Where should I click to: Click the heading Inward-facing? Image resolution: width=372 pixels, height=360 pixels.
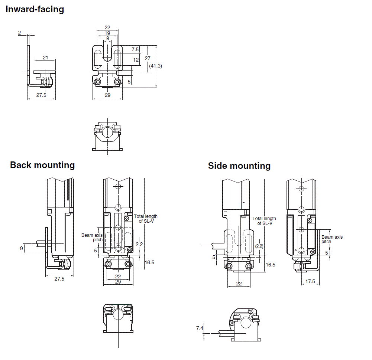(x=35, y=9)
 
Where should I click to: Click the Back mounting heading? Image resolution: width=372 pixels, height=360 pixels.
(x=42, y=165)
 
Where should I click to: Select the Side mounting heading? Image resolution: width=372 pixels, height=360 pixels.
(x=239, y=166)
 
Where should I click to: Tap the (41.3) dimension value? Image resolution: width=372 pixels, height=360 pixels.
(x=155, y=66)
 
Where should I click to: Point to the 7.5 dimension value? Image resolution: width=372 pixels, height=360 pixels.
(x=135, y=49)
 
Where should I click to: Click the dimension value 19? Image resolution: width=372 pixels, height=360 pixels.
(x=107, y=33)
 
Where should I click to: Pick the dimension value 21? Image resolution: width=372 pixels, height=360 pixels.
(x=45, y=57)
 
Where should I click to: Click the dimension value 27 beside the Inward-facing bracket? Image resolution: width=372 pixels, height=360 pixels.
(x=148, y=58)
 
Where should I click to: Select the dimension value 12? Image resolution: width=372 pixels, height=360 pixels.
(x=136, y=59)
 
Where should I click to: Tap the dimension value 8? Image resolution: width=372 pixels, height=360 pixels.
(x=107, y=38)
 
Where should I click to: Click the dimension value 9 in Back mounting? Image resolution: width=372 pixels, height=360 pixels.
(x=21, y=248)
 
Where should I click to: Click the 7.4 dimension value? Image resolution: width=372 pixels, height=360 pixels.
(x=200, y=328)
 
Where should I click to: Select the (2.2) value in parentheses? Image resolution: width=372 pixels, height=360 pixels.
(x=259, y=246)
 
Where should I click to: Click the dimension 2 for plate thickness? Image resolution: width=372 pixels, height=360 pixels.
(x=19, y=33)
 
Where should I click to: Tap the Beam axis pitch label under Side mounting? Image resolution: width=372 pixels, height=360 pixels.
(x=332, y=239)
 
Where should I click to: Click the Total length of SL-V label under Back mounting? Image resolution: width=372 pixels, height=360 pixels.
(x=146, y=219)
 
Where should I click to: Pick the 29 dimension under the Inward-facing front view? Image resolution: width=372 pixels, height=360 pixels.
(x=107, y=95)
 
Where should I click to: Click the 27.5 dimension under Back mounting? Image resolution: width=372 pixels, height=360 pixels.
(x=59, y=279)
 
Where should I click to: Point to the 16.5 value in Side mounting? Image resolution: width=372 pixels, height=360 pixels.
(x=271, y=265)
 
